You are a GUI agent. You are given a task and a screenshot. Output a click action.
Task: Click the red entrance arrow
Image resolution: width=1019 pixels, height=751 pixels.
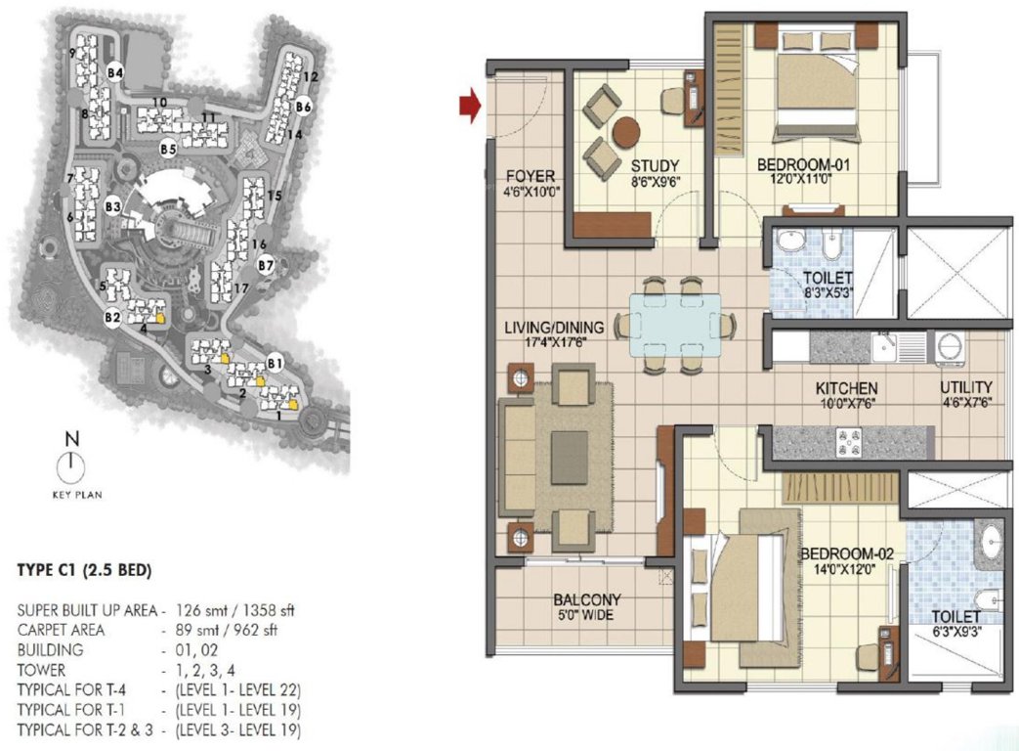click(x=471, y=106)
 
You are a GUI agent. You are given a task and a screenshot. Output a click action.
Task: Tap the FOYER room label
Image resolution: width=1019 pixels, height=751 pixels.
click(x=531, y=176)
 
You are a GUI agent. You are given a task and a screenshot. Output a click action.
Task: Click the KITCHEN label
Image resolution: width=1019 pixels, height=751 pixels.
click(x=847, y=388)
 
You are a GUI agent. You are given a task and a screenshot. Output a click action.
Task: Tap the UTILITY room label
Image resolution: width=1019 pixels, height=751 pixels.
click(x=966, y=387)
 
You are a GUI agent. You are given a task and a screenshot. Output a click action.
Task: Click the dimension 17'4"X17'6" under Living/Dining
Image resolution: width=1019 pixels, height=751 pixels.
click(x=554, y=343)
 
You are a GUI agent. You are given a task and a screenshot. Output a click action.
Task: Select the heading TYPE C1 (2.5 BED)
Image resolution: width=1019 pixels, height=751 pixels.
click(x=84, y=568)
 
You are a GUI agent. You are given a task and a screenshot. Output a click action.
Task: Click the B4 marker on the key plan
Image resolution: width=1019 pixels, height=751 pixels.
click(x=115, y=71)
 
